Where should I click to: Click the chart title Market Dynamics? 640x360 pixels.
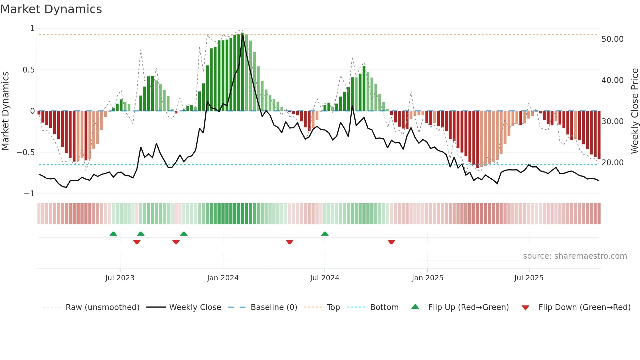coord(51,9)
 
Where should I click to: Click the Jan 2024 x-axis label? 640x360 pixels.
coord(223,278)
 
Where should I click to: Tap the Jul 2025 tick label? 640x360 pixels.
coord(529,278)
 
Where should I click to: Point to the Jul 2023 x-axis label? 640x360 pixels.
coord(120,278)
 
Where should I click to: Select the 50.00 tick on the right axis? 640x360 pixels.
coord(612,39)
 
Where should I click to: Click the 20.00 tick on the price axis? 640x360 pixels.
coord(612,163)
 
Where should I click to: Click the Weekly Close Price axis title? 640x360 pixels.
coord(634,111)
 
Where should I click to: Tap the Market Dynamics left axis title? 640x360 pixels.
coord(6,111)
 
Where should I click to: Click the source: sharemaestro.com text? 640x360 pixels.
coord(575,256)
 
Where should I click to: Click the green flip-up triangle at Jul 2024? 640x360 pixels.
coord(325,234)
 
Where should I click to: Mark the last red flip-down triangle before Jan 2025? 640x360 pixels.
coord(391,242)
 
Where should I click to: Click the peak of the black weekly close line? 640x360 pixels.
coord(243,34)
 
